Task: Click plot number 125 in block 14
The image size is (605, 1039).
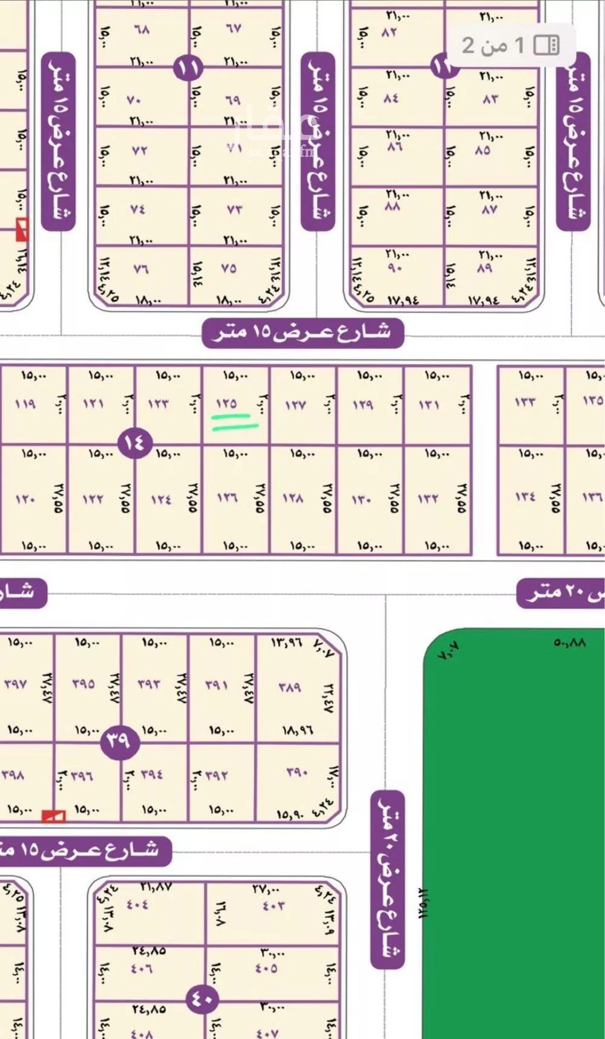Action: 226,403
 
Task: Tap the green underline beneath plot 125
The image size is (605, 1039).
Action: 235,422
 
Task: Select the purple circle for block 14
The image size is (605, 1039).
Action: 134,442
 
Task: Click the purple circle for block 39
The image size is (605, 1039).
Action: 118,740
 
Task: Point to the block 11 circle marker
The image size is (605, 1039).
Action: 188,68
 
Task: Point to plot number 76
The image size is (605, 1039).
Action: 140,268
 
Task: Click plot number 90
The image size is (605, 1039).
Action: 394,267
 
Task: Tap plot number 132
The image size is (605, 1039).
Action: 428,499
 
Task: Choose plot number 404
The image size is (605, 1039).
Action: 137,905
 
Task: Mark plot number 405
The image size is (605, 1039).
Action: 266,968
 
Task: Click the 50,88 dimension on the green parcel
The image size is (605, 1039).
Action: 569,643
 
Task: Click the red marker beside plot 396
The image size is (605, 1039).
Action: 53,817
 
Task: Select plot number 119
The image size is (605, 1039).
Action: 25,403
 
